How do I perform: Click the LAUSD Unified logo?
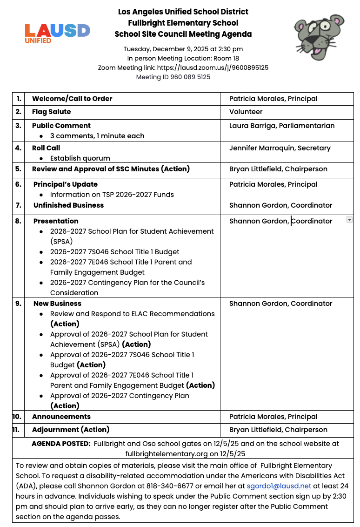(57, 33)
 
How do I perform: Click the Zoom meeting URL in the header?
(213, 68)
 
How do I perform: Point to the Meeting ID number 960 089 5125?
(190, 77)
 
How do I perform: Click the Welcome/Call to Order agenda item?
(72, 99)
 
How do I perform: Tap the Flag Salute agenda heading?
(52, 112)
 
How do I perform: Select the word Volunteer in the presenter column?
(246, 112)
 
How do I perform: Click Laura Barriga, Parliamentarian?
(281, 126)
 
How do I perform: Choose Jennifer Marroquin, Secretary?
(280, 148)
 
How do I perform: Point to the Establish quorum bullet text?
(80, 158)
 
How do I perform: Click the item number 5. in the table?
(18, 169)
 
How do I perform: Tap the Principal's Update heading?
(66, 184)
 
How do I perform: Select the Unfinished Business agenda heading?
(68, 205)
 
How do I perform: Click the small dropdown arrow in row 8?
(349, 220)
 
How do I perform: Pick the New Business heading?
(57, 304)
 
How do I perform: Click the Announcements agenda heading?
(61, 417)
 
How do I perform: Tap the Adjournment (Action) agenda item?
(71, 430)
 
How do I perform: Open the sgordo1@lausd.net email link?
(279, 486)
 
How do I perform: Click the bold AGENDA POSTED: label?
(61, 444)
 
